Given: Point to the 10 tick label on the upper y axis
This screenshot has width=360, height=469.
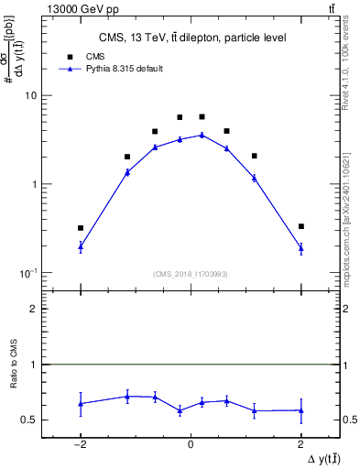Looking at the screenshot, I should coord(31,95).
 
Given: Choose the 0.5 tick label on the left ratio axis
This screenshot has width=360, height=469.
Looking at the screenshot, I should coord(30,420).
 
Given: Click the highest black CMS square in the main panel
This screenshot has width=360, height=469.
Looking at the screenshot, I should coord(202,117).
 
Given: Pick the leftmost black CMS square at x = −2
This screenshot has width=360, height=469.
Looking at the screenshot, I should coord(81,228).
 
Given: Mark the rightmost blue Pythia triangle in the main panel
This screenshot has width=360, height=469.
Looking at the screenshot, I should coord(300,247).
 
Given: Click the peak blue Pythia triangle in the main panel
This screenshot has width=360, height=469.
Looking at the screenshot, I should coord(202,135).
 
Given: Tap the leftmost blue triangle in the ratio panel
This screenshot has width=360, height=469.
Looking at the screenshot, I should coord(81,403).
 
